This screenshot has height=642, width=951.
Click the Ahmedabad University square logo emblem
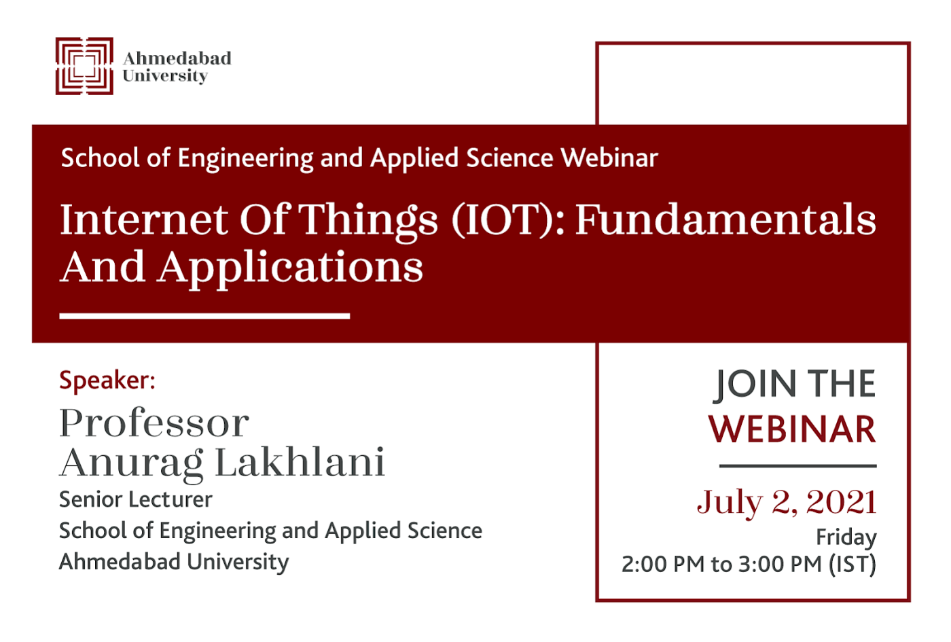point(84,67)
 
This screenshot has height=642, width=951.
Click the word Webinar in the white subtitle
point(609,158)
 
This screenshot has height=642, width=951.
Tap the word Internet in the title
point(144,219)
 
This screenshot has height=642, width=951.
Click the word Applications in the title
point(291,268)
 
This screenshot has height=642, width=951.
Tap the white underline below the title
point(204,316)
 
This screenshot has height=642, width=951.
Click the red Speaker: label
point(107,380)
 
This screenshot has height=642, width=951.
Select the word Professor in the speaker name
point(154,423)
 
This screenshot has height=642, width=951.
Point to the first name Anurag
point(131,465)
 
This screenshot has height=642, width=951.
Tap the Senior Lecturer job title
point(135,499)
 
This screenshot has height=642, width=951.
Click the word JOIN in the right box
point(754,385)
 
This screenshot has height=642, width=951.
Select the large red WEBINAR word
point(792,429)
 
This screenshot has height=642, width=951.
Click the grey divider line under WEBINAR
point(797,466)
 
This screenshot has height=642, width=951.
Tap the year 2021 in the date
point(841,502)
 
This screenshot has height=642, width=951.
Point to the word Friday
point(846,537)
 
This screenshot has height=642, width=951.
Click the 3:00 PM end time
point(780,565)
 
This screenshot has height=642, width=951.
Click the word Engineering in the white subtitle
point(245,159)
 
